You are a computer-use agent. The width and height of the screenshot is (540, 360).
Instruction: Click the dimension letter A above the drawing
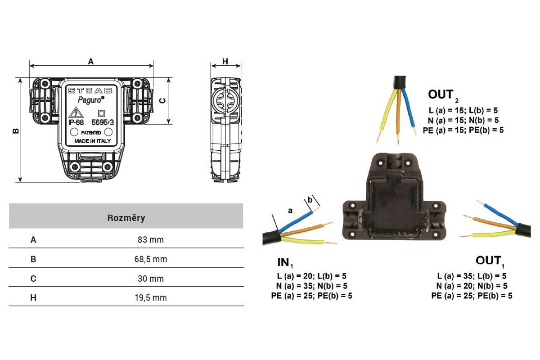point(91,62)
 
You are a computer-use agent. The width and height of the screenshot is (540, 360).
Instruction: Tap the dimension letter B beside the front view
point(15,130)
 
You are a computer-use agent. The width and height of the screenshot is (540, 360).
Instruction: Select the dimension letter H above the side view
point(225,61)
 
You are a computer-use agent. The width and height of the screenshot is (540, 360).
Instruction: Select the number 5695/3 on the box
point(103,122)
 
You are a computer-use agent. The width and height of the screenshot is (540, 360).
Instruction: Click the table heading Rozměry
point(126,218)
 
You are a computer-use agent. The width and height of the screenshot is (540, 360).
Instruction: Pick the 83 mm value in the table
point(151,240)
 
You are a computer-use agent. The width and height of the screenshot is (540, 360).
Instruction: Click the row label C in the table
point(33,279)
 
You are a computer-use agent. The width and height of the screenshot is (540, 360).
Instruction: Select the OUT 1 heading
point(489,261)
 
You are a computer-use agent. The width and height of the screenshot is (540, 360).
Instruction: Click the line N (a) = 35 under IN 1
point(312,286)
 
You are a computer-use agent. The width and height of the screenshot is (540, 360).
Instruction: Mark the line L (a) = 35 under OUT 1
point(472,276)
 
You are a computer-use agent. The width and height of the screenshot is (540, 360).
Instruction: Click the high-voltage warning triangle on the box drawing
point(74,112)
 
